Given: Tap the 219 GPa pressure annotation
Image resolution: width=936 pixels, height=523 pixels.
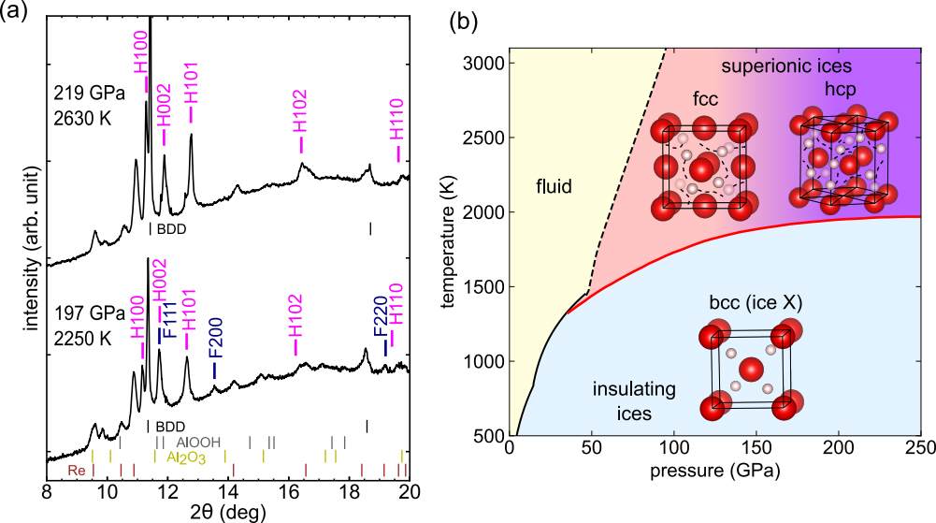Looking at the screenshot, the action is [x=90, y=94].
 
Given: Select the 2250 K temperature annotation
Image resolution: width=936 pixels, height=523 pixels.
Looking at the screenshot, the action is [x=83, y=339].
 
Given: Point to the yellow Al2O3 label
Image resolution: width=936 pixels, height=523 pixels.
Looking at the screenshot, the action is [x=186, y=458].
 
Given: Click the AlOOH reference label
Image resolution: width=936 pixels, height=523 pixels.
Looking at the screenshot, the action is [x=198, y=443].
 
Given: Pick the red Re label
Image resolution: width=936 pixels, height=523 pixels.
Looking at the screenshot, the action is [x=77, y=471].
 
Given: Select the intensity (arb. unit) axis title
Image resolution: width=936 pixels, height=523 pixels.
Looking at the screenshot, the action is [x=33, y=248].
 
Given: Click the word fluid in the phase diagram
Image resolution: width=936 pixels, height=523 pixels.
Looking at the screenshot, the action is [x=554, y=186].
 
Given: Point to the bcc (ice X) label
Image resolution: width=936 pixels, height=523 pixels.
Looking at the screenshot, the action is [x=756, y=303].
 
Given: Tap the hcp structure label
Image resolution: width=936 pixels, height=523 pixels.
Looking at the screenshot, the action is [x=841, y=89].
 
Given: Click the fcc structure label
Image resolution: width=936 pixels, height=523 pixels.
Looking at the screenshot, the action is [x=706, y=98].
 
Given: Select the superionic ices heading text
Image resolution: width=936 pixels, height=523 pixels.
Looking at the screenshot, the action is [x=786, y=65].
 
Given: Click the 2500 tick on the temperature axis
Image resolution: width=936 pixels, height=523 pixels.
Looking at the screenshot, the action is [x=482, y=138].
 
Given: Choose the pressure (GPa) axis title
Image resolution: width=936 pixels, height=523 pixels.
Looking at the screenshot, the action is [x=715, y=471].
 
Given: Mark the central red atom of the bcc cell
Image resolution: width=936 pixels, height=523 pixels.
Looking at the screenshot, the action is [x=751, y=370].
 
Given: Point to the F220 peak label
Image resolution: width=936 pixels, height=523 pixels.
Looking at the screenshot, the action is [x=381, y=317].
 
